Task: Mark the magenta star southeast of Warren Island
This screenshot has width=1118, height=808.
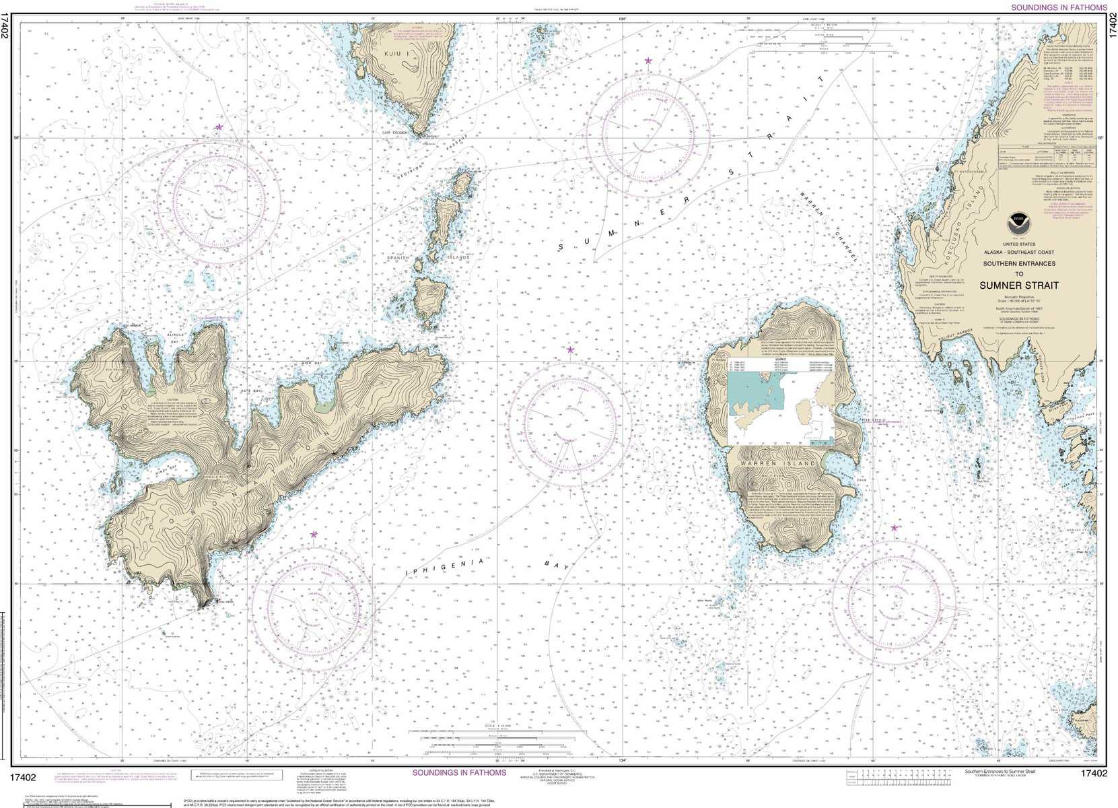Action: [895, 529]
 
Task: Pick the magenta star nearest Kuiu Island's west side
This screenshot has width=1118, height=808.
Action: [219, 127]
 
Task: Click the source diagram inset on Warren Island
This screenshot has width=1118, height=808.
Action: [781, 409]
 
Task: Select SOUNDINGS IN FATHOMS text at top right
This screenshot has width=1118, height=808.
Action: [1059, 7]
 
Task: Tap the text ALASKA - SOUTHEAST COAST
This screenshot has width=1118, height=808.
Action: [1018, 252]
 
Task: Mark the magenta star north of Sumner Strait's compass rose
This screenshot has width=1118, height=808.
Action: [648, 61]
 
